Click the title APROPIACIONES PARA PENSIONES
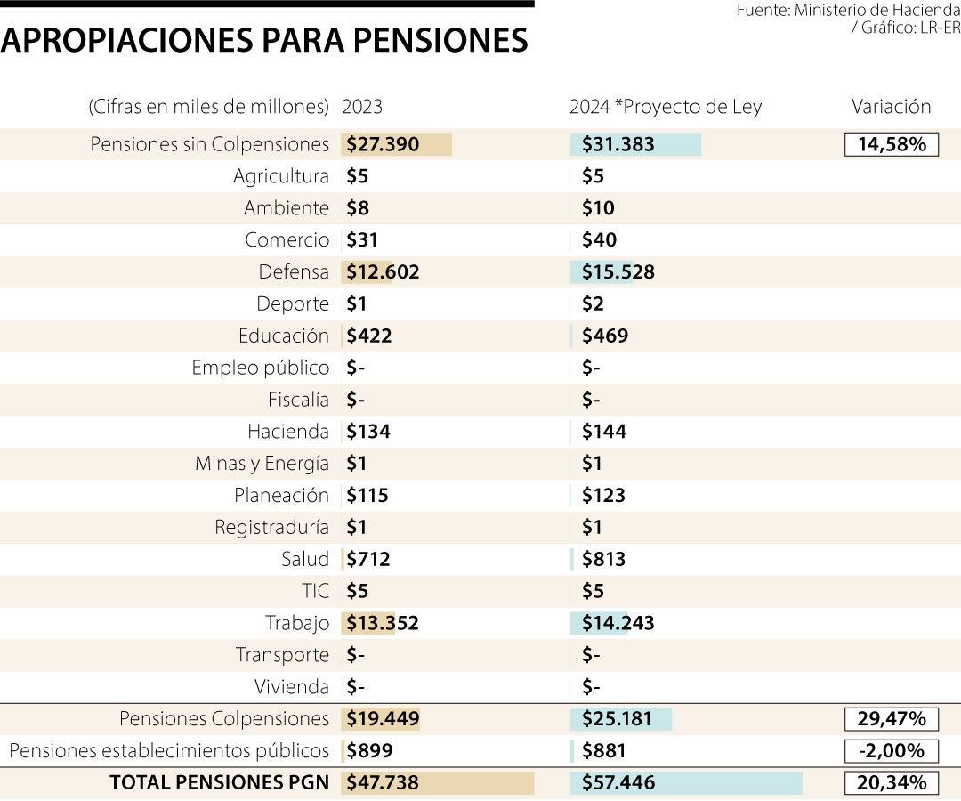(x=264, y=39)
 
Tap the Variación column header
(x=891, y=107)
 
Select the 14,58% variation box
(x=891, y=144)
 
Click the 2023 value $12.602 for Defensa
(x=383, y=272)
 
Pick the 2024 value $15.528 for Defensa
(x=618, y=272)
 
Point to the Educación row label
(x=283, y=336)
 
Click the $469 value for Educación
(x=604, y=336)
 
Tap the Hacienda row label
(x=287, y=432)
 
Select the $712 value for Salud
(x=368, y=560)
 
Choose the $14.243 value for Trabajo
(x=618, y=623)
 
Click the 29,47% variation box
(x=891, y=719)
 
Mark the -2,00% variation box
(x=891, y=751)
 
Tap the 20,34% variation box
(x=891, y=783)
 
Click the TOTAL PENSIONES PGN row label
(x=219, y=783)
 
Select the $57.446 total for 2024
(x=618, y=783)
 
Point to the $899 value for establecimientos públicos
(x=368, y=751)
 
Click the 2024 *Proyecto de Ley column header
(x=666, y=107)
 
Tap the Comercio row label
(x=287, y=240)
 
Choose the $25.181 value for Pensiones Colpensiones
(x=617, y=719)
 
